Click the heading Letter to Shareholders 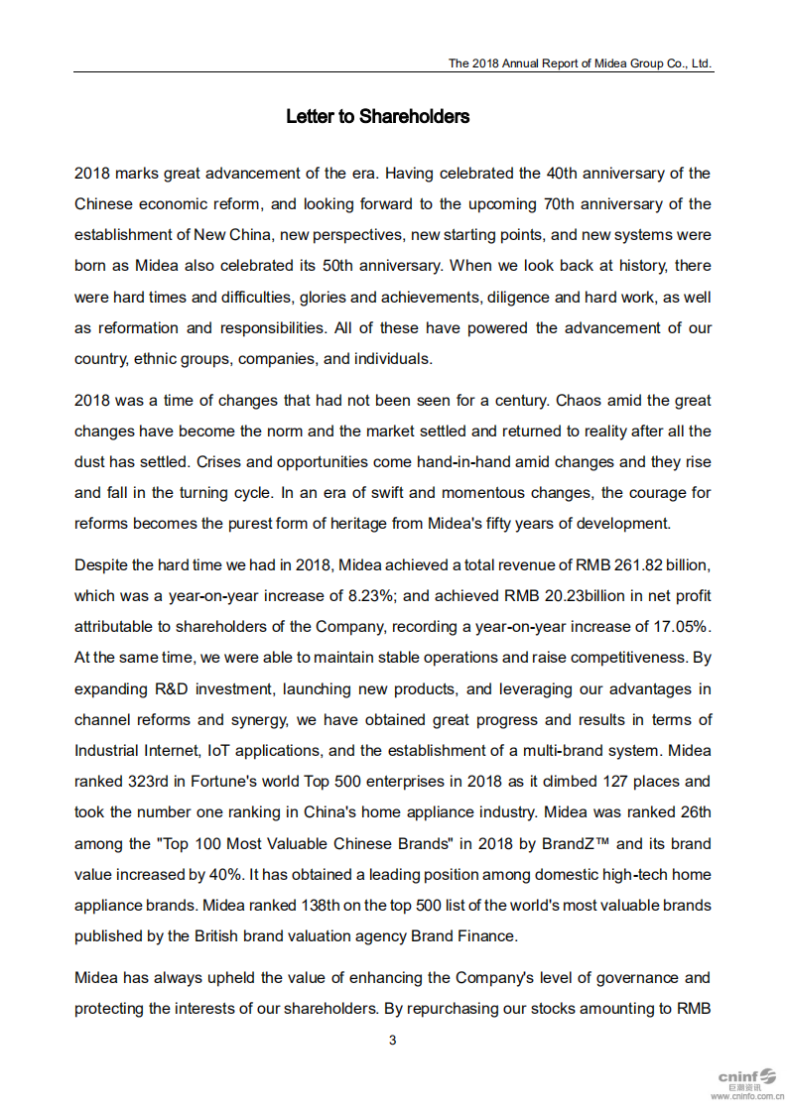pyautogui.click(x=377, y=117)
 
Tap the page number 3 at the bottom pyautogui.click(x=393, y=1040)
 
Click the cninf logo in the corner pyautogui.click(x=745, y=1076)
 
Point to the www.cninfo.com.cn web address pyautogui.click(x=746, y=1097)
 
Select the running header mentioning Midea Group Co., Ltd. pyautogui.click(x=580, y=62)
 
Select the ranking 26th pyautogui.click(x=691, y=812)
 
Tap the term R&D pyautogui.click(x=174, y=688)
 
